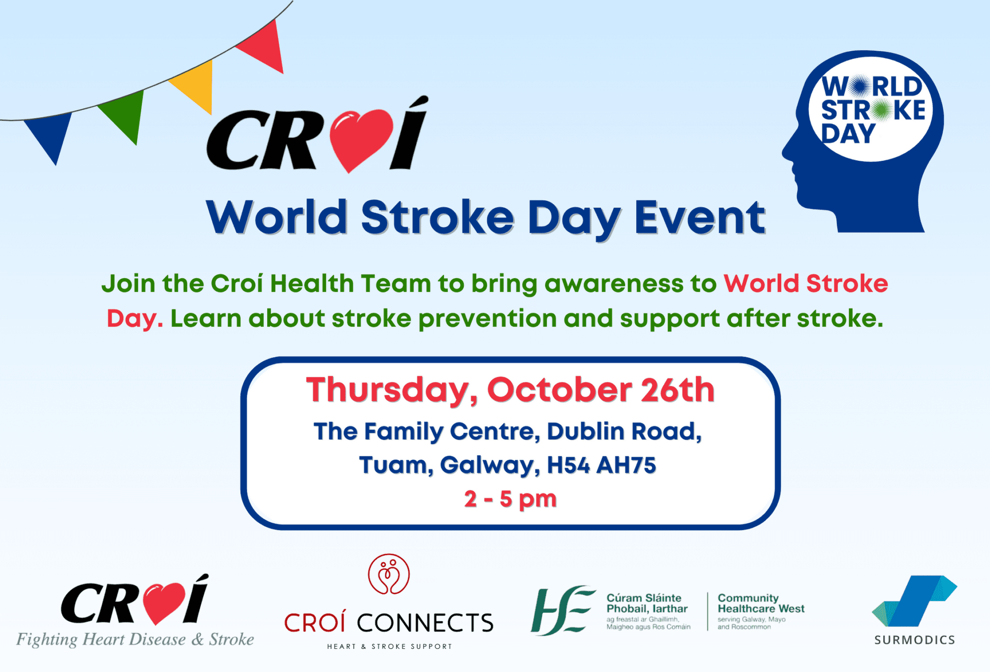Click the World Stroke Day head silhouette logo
point(865,145)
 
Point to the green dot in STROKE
point(883,110)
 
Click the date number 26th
point(677,390)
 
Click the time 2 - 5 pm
point(510,499)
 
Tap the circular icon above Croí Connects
point(389,574)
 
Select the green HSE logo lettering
point(562,610)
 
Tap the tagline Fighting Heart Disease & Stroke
point(135,640)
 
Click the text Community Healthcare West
point(761,603)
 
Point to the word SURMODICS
point(915,640)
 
